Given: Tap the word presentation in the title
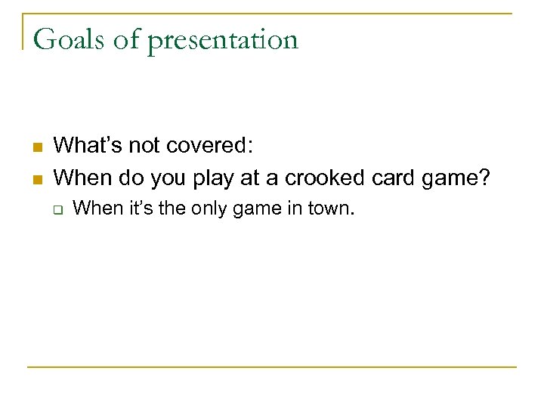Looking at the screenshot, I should coord(224,40).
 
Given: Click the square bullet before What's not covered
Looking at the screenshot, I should coord(36,147).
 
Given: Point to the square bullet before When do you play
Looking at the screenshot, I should coord(36,178).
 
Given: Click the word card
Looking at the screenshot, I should coord(385,178).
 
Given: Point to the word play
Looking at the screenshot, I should coord(212,179).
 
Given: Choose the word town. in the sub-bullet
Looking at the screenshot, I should coord(331,209).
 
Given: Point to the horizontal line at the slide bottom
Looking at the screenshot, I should coord(272,367).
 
